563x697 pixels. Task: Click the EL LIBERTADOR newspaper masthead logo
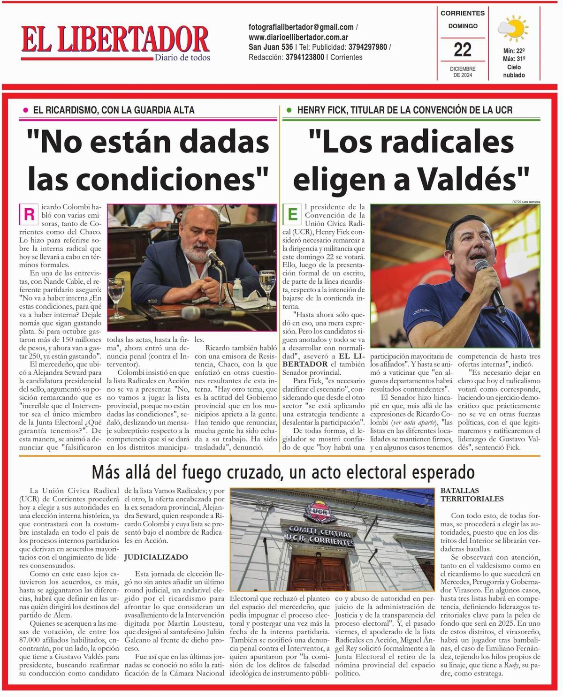click(115, 40)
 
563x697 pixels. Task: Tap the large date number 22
click(463, 49)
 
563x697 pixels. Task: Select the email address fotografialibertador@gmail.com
click(301, 27)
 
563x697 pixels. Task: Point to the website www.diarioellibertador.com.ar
click(298, 37)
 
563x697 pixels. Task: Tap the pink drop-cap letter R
click(29, 215)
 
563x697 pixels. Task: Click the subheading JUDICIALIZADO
click(156, 557)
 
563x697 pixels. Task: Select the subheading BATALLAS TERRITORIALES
click(472, 495)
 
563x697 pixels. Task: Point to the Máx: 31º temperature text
click(514, 59)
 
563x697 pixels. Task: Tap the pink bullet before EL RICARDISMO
click(25, 110)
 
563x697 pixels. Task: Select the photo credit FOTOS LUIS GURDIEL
click(526, 202)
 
